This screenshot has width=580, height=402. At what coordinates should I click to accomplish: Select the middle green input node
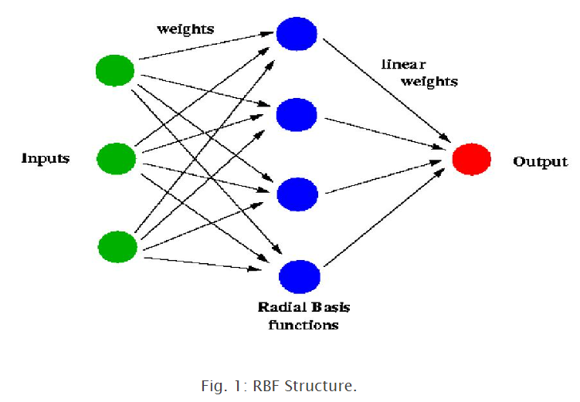pyautogui.click(x=116, y=158)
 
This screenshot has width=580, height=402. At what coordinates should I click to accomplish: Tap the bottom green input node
pyautogui.click(x=117, y=246)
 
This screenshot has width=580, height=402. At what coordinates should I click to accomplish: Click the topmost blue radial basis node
pyautogui.click(x=297, y=34)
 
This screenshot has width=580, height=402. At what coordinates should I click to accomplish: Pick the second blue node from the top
pyautogui.click(x=297, y=114)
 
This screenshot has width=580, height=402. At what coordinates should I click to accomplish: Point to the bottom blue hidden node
pyautogui.click(x=299, y=275)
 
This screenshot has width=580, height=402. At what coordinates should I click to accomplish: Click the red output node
pyautogui.click(x=471, y=158)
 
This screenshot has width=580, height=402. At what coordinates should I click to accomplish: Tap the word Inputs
pyautogui.click(x=46, y=158)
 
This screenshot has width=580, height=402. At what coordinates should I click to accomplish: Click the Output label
pyautogui.click(x=540, y=162)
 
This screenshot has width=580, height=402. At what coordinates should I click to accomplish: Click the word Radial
pyautogui.click(x=280, y=308)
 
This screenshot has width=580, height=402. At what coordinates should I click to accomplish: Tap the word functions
pyautogui.click(x=304, y=325)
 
